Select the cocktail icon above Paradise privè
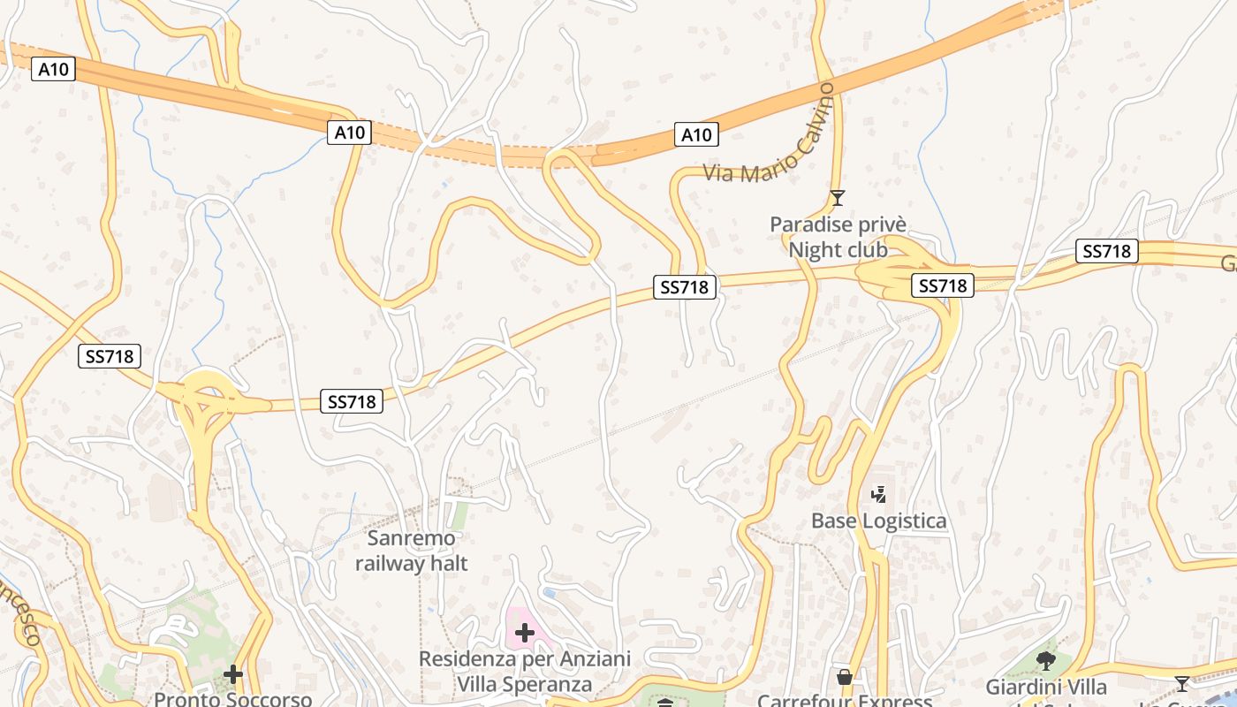coord(838,197)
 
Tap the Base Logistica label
coord(878,521)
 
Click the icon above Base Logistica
coord(878,495)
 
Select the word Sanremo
coord(412,538)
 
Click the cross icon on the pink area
coord(525,632)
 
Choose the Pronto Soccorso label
coord(233,699)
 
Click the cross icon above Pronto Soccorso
coord(233,675)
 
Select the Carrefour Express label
coord(845,701)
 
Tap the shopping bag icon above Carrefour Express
coord(845,678)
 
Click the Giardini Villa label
coord(1046,687)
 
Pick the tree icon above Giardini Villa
coord(1046,660)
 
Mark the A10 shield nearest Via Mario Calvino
coord(696,134)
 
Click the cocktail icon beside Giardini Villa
coord(1182,683)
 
